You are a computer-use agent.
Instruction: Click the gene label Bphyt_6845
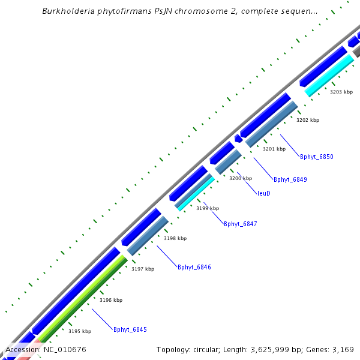tap(130, 329)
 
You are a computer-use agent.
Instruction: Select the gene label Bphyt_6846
tap(194, 267)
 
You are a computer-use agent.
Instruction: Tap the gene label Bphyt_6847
tap(241, 224)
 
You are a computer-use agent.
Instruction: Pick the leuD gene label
tap(263, 193)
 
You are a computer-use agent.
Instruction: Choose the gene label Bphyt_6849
tap(290, 179)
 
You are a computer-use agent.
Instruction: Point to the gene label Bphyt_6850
tap(316, 157)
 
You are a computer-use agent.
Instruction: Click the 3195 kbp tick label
tap(80, 331)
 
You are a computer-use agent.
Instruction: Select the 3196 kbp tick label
tap(111, 300)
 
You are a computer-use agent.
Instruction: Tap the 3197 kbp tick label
tap(143, 269)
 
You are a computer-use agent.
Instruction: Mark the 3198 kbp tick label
tap(175, 238)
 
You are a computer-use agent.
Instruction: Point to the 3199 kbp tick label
tap(208, 208)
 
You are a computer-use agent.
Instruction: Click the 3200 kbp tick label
tap(241, 178)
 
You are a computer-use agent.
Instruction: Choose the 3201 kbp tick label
tap(274, 149)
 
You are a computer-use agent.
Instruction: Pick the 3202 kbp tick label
tap(308, 120)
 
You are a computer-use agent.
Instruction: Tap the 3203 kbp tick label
tap(341, 92)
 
